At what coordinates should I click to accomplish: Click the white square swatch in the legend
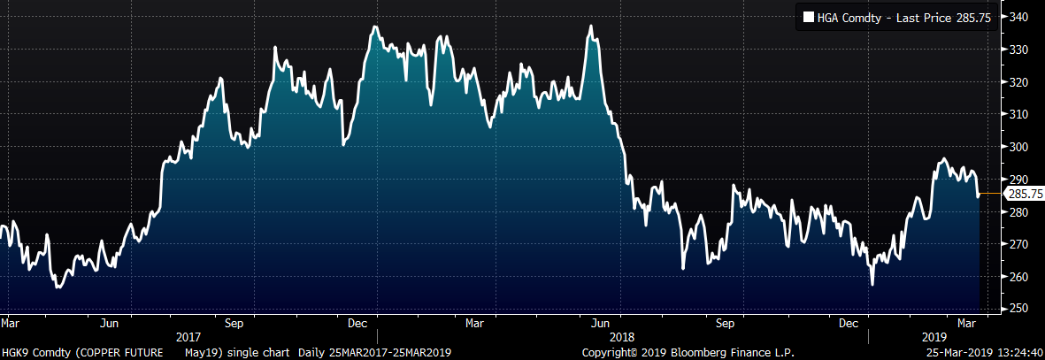point(809,16)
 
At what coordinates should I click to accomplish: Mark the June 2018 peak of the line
point(591,27)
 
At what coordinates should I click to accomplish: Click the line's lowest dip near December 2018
point(872,284)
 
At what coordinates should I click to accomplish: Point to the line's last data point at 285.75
point(978,195)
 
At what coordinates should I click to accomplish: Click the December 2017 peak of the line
point(375,27)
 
